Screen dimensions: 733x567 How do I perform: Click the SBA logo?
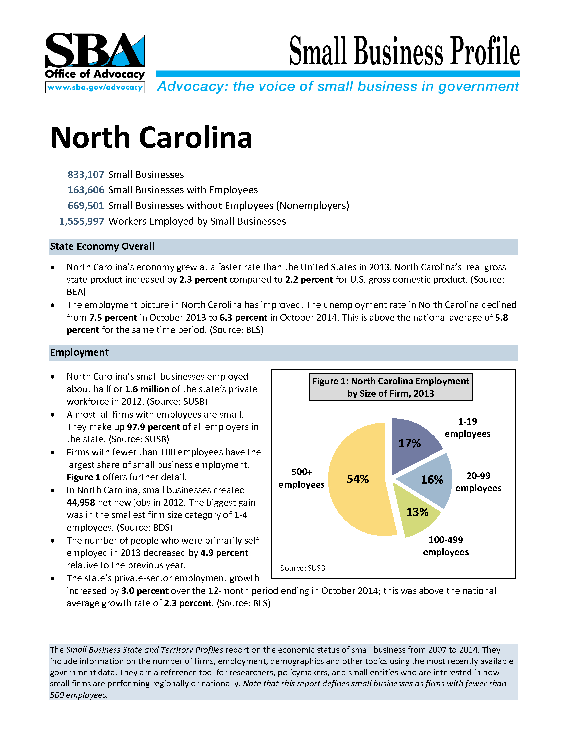95,50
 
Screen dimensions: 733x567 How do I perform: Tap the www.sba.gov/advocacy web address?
95,87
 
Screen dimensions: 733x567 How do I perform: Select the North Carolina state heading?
151,137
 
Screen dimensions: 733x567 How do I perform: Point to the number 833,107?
86,175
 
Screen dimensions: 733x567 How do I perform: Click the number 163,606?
86,190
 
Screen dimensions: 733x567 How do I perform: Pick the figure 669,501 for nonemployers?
86,205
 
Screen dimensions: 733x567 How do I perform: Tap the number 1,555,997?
82,221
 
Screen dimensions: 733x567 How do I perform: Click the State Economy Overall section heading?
102,246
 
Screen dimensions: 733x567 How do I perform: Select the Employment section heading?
79,352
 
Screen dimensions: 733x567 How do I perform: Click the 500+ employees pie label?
301,478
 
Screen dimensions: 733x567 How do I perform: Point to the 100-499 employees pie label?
445,546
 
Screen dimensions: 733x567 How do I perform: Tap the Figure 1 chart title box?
390,387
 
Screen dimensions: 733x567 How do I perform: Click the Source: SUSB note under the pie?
303,568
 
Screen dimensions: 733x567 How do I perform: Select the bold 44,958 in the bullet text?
81,503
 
